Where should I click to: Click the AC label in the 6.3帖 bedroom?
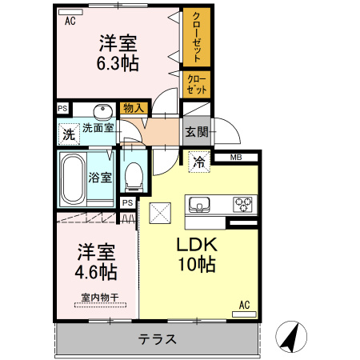(x=70, y=21)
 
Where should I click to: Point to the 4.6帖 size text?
(x=97, y=271)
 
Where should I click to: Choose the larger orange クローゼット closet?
(x=195, y=38)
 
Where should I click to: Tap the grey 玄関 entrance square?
(x=197, y=130)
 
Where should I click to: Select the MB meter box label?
(x=236, y=157)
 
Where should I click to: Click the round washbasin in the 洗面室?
(x=102, y=111)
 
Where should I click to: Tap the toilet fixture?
(x=134, y=174)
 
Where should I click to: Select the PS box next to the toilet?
(x=127, y=203)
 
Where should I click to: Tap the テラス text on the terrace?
(x=157, y=338)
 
